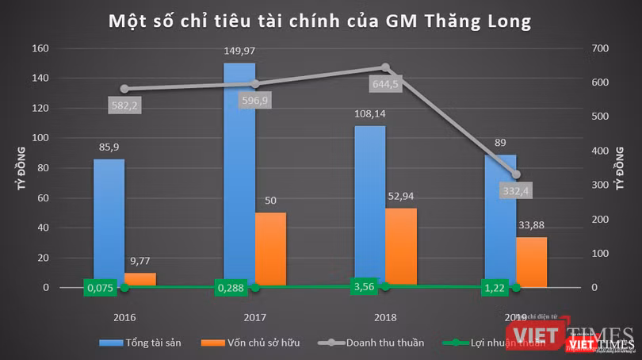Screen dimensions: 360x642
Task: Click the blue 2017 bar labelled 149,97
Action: pyautogui.click(x=239, y=174)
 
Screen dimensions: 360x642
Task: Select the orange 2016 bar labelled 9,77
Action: pyautogui.click(x=140, y=279)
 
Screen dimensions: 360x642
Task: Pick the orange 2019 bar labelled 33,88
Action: pyautogui.click(x=531, y=262)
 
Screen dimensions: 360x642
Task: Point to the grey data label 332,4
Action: pyautogui.click(x=517, y=190)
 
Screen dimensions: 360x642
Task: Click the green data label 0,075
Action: pyautogui.click(x=102, y=287)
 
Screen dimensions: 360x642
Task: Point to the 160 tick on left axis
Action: pyautogui.click(x=40, y=48)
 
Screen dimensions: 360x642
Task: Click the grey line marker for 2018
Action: pyautogui.click(x=386, y=67)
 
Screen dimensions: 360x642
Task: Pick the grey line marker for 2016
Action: pyautogui.click(x=124, y=89)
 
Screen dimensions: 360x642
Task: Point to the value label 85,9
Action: pyautogui.click(x=109, y=147)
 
